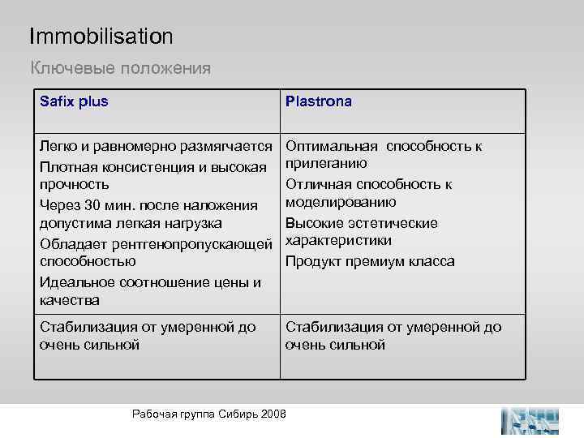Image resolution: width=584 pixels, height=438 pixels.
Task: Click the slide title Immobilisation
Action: [x=101, y=36]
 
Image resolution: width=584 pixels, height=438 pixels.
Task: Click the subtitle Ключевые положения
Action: [x=120, y=68]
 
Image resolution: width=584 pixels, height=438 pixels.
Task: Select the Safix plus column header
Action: [x=74, y=102]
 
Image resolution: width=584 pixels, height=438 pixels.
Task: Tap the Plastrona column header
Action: [x=318, y=102]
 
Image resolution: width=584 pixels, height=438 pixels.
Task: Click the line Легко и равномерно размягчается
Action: [x=156, y=146]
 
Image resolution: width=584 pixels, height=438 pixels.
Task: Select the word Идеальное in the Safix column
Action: [x=74, y=281]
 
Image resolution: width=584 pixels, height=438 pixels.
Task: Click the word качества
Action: [x=70, y=300]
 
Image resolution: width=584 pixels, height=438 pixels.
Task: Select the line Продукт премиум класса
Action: [x=370, y=261]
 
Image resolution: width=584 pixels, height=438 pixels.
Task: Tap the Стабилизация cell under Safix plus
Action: [x=148, y=336]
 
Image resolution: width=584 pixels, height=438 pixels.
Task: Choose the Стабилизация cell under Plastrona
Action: [x=393, y=336]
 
